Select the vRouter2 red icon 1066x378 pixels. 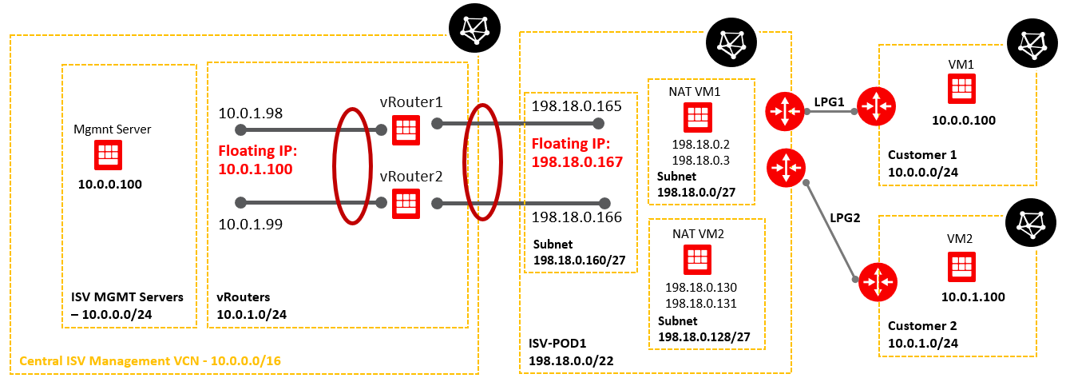pyautogui.click(x=406, y=204)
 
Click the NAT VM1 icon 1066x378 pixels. pyautogui.click(x=696, y=118)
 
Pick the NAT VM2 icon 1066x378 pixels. pyautogui.click(x=696, y=259)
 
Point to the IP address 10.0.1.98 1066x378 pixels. pyautogui.click(x=251, y=113)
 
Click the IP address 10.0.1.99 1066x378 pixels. pyautogui.click(x=251, y=225)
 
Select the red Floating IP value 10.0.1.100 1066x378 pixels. pyautogui.click(x=255, y=169)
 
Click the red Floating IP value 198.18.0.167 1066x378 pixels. pyautogui.click(x=577, y=162)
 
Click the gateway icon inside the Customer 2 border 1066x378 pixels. pyautogui.click(x=876, y=281)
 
